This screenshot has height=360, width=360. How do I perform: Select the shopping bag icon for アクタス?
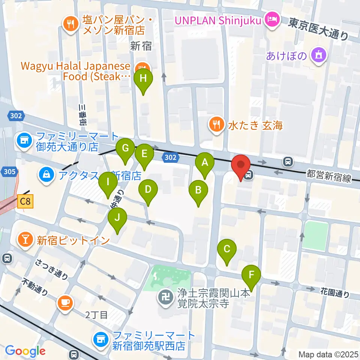(47, 175)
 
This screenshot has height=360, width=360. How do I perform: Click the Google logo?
(25, 351)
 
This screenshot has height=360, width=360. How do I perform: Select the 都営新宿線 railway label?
(328, 176)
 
